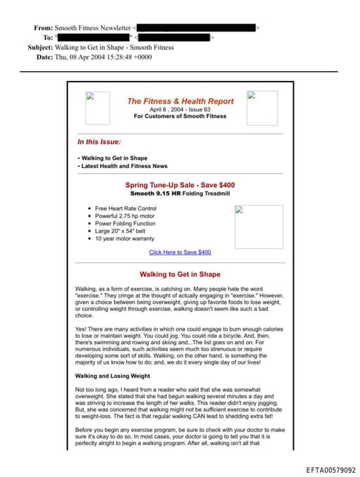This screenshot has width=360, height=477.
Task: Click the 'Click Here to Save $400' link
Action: (180, 252)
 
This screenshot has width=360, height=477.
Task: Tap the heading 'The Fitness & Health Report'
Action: (179, 101)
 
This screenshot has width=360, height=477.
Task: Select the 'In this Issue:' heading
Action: (99, 141)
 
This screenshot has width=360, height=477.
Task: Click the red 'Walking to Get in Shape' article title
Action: (180, 274)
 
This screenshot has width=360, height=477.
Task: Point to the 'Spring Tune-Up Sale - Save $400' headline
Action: (180, 185)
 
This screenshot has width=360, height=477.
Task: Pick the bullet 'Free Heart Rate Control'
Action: (126, 208)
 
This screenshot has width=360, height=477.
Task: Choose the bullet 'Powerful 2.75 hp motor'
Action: (125, 216)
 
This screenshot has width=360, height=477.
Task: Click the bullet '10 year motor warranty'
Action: (124, 238)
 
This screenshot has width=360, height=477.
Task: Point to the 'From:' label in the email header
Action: (43, 27)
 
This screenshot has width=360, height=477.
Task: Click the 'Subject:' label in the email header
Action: (40, 47)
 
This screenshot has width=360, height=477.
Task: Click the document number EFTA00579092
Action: (330, 469)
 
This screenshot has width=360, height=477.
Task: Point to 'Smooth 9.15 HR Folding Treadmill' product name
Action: (180, 193)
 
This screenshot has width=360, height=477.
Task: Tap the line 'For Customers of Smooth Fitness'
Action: (179, 116)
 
